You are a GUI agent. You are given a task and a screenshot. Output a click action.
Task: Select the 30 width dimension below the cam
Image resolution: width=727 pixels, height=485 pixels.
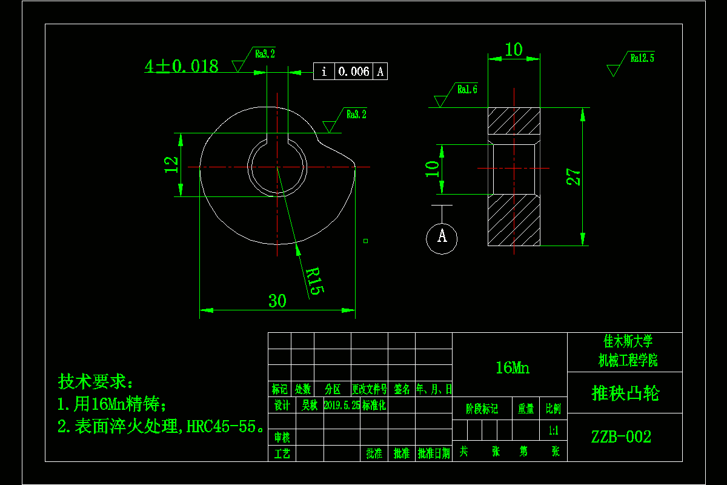(277, 301)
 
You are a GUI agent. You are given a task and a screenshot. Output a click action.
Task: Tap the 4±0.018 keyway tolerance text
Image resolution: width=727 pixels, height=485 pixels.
(181, 66)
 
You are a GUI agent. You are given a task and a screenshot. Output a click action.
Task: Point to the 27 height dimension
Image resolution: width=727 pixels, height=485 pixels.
(573, 176)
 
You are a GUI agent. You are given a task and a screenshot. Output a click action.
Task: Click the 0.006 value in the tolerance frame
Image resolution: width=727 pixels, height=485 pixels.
(353, 72)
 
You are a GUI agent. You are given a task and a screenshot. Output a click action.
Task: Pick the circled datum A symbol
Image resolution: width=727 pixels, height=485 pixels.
(442, 236)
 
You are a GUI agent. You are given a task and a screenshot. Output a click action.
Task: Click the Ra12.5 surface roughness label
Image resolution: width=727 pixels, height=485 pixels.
(642, 59)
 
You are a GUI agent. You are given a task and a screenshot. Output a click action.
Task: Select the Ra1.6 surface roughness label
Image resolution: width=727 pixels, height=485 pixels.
(467, 90)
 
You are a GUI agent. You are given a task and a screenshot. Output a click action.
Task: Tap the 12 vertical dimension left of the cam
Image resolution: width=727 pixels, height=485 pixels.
(172, 165)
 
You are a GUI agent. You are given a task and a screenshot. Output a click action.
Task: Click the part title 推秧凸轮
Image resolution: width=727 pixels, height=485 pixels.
(625, 393)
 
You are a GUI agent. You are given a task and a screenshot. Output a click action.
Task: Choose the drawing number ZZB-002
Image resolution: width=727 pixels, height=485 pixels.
(621, 436)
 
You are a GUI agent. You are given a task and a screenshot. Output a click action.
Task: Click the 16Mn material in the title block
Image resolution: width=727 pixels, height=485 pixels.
(512, 367)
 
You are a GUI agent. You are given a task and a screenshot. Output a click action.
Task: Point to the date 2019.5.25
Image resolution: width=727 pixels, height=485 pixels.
(342, 405)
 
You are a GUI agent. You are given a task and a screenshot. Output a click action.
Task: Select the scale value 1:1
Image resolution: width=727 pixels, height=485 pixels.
(553, 431)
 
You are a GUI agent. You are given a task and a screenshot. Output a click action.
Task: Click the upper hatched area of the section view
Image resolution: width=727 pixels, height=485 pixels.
(514, 121)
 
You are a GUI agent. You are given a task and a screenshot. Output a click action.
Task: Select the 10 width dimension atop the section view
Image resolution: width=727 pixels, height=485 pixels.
(514, 50)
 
